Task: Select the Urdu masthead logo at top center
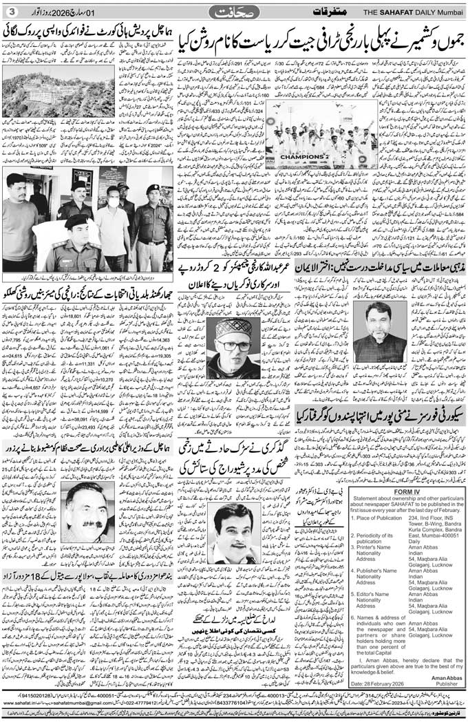233,12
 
